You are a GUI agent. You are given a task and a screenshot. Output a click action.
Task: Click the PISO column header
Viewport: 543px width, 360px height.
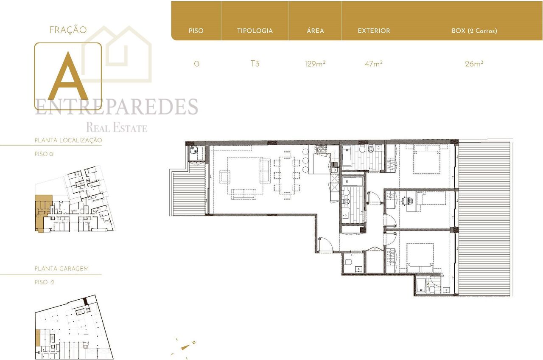(196, 31)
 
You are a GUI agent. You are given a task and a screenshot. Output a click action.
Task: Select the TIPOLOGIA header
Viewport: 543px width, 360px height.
(255, 31)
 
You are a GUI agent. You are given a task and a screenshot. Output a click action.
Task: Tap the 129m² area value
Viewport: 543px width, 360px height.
(315, 64)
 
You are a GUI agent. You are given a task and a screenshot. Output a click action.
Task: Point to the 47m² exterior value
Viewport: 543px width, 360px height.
(374, 64)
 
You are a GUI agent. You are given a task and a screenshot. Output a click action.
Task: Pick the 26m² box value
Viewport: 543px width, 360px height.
(474, 64)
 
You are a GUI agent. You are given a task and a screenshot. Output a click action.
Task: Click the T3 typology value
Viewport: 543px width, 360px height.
(255, 64)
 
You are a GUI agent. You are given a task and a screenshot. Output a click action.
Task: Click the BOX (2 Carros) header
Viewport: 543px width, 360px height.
(474, 31)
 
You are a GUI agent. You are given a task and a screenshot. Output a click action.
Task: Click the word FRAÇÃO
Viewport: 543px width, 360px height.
(68, 30)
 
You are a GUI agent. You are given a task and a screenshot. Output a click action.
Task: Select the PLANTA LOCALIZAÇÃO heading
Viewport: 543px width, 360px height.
(68, 140)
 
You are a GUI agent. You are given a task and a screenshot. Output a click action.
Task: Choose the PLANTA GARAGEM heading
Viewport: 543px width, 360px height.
(62, 269)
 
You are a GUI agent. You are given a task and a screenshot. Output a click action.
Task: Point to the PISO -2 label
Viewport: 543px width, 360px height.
(45, 282)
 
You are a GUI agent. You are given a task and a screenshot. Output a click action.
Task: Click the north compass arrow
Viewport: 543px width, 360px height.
(186, 347)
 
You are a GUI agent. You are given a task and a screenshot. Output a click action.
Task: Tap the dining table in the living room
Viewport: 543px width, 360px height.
(287, 175)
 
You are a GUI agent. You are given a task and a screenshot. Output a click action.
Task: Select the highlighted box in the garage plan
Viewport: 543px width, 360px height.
(38, 337)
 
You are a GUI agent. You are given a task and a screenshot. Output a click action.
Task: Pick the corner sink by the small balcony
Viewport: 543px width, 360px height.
(194, 150)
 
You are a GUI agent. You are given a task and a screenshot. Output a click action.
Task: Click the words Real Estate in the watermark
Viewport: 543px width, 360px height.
(117, 127)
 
